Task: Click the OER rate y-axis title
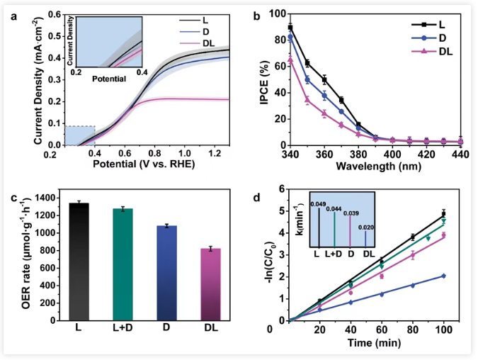click(x=16, y=258)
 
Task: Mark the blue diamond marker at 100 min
click(x=444, y=276)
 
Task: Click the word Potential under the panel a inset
click(x=108, y=79)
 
